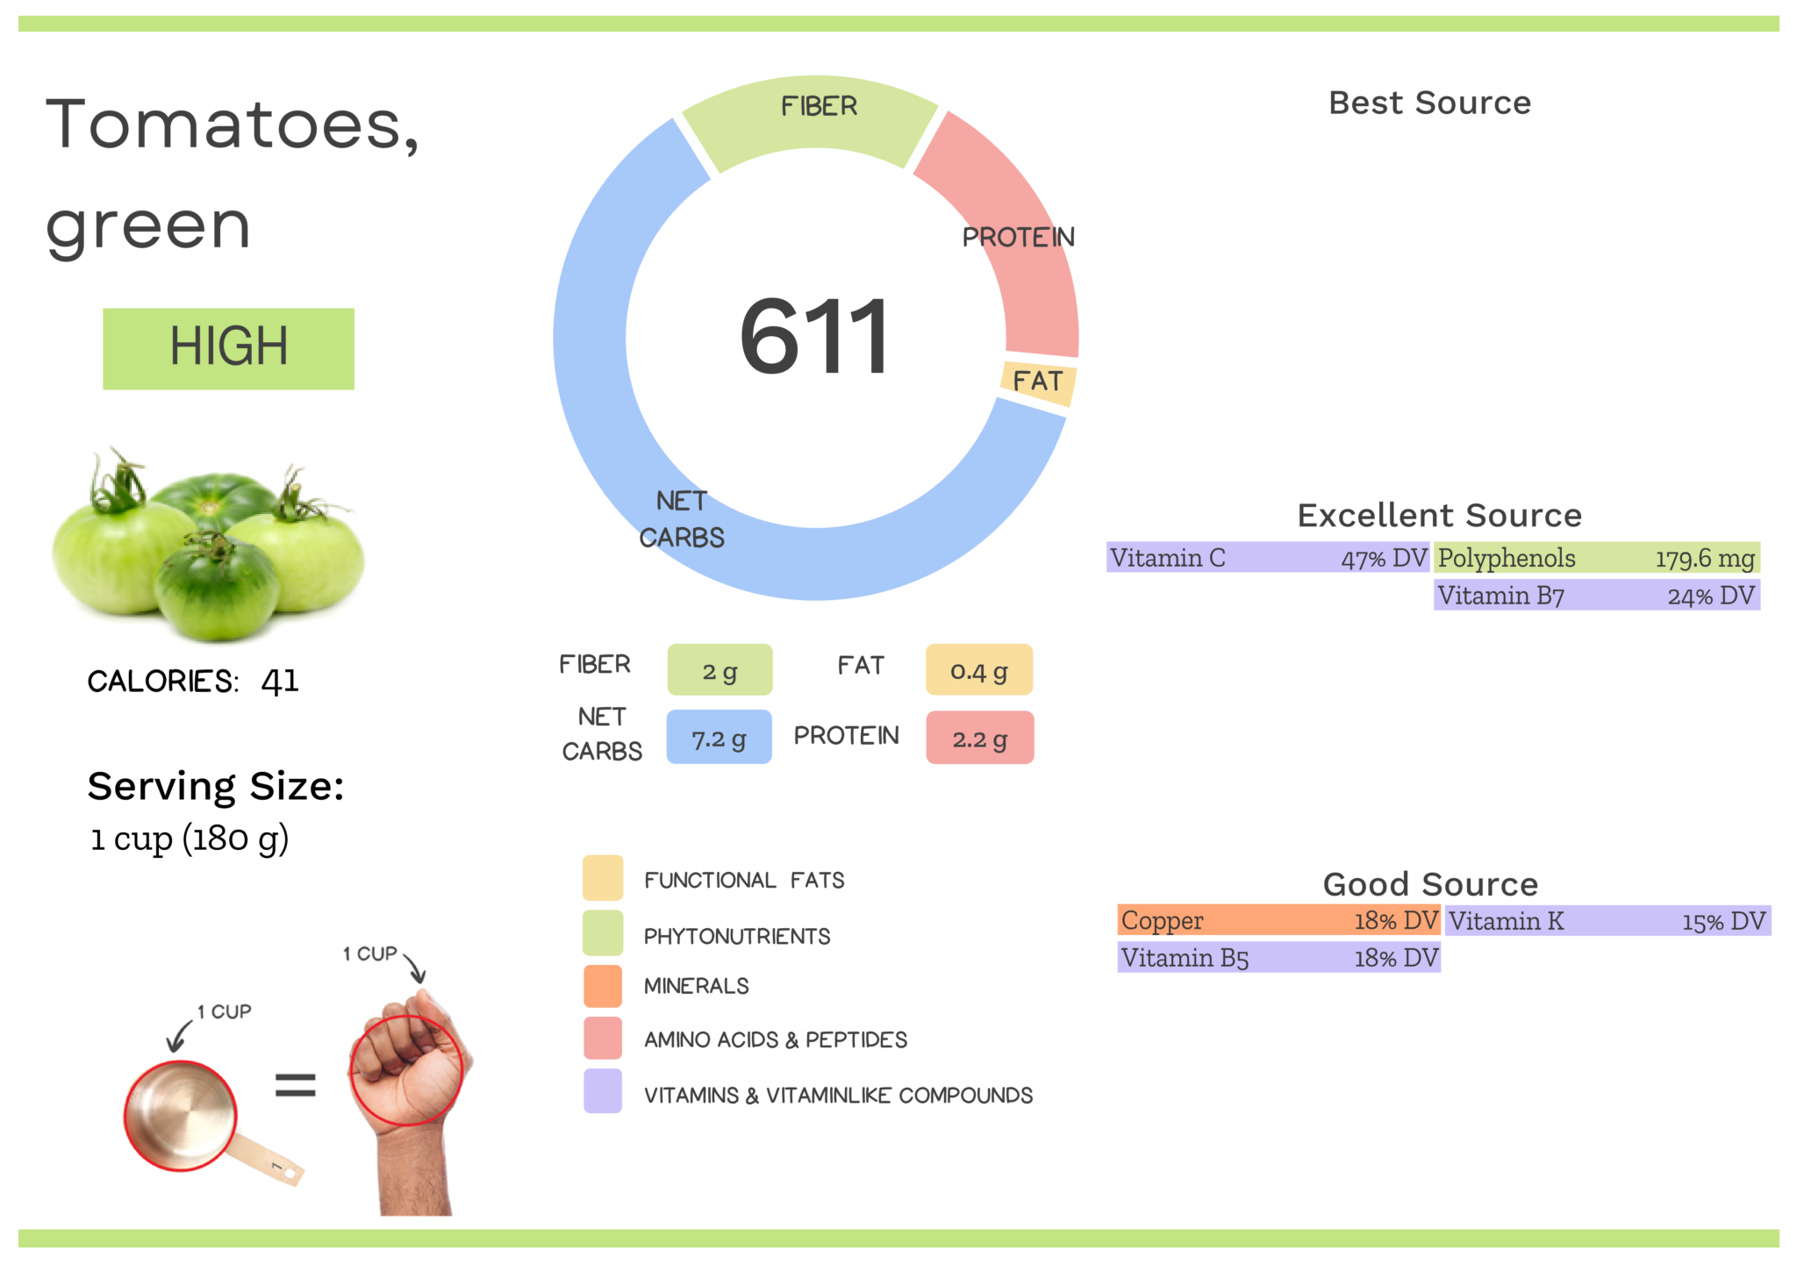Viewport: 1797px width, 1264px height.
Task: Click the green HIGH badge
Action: [x=228, y=348]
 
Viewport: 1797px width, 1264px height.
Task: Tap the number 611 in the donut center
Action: [x=814, y=338]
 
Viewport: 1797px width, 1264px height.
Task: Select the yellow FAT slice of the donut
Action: [x=1039, y=382]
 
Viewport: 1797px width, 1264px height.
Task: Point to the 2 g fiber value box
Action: [x=720, y=670]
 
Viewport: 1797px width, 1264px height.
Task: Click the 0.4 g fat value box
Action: [x=979, y=670]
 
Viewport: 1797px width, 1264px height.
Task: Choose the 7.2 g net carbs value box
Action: [x=719, y=738]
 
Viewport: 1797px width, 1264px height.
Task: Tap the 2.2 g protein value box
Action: [x=979, y=738]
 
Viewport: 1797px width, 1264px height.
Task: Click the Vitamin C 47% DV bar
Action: [x=1268, y=558]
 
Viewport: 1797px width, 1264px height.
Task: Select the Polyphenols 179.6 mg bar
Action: [x=1596, y=558]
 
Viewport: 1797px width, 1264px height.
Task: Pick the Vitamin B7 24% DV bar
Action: [x=1596, y=596]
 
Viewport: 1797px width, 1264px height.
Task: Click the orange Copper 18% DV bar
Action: [x=1278, y=920]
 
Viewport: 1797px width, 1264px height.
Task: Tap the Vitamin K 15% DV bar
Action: [x=1607, y=921]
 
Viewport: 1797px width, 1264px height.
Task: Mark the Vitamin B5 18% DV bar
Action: [x=1278, y=958]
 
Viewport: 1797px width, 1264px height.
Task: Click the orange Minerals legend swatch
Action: [x=603, y=986]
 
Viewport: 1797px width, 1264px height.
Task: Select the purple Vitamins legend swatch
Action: [x=603, y=1091]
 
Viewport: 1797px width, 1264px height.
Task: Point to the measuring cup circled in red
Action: [x=181, y=1116]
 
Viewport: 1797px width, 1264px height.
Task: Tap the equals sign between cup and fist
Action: [x=295, y=1086]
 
